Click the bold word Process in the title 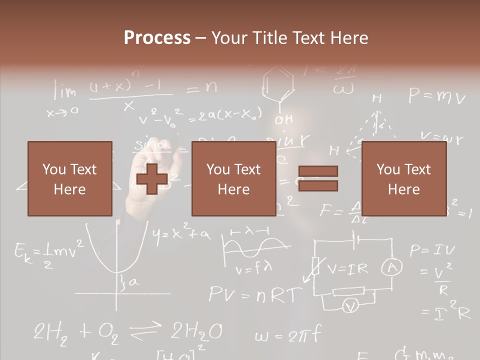[x=157, y=38]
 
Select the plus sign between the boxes [x=152, y=178]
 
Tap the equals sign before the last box [x=318, y=178]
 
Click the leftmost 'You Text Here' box [x=69, y=178]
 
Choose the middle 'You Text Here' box [x=233, y=178]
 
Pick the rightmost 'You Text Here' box [x=403, y=178]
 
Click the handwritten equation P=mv [x=436, y=95]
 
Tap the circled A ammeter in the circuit [x=391, y=268]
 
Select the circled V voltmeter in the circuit [x=351, y=305]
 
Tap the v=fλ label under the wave [x=253, y=269]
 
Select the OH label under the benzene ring [x=284, y=119]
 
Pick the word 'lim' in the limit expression [x=65, y=91]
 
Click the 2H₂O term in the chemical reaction [x=197, y=331]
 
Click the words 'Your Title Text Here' [x=289, y=38]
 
